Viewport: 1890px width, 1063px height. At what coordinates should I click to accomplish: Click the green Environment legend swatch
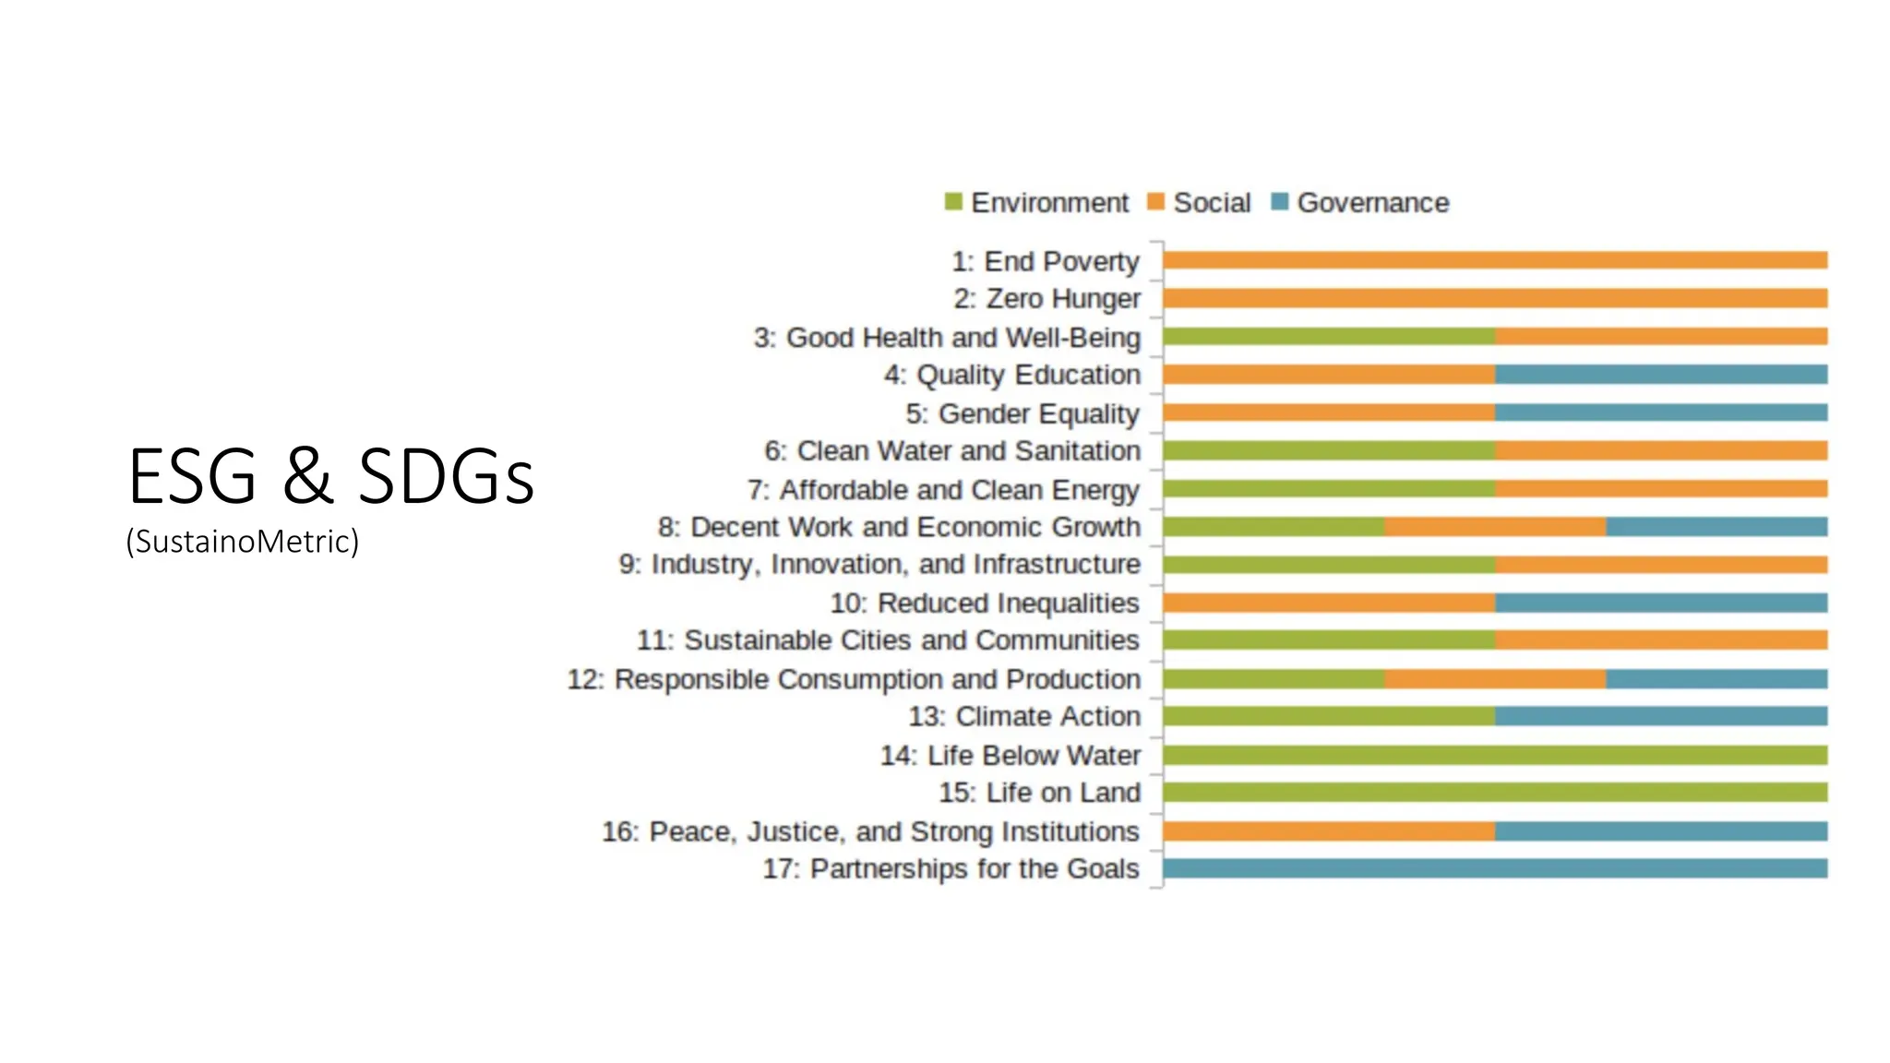pos(953,201)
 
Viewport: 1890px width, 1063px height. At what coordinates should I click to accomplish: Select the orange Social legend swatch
pos(1155,201)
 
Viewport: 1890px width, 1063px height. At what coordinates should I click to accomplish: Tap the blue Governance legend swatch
pos(1279,201)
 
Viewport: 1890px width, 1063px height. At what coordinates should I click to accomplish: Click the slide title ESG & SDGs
pos(330,476)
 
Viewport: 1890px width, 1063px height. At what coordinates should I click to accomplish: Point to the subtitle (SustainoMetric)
pos(242,541)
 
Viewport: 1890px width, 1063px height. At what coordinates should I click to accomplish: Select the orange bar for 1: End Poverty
pos(1495,260)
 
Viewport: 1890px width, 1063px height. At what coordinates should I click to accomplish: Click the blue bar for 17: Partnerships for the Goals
pos(1495,868)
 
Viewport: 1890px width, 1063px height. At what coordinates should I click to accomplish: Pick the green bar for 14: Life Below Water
pos(1495,755)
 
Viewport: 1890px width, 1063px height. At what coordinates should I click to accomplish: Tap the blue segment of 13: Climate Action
pos(1661,716)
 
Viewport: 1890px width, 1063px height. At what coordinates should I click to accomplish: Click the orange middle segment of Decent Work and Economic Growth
pos(1495,527)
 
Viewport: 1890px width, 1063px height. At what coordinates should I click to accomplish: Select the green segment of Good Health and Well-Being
pos(1329,337)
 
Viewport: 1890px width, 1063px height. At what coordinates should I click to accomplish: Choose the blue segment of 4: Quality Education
pos(1661,375)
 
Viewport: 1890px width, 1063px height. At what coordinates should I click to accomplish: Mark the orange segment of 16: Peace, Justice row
pos(1329,831)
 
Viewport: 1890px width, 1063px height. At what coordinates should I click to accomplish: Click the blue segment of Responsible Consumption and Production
pos(1717,679)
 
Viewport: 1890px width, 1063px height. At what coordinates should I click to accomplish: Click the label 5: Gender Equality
pos(1022,413)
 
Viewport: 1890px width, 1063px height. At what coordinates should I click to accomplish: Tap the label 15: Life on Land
pos(1039,793)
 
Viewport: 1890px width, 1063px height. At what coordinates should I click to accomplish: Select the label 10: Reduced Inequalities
pos(985,603)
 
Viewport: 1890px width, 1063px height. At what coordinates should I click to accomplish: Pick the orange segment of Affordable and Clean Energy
pos(1661,489)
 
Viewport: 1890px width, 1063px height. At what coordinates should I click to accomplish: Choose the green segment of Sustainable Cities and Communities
pos(1329,640)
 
